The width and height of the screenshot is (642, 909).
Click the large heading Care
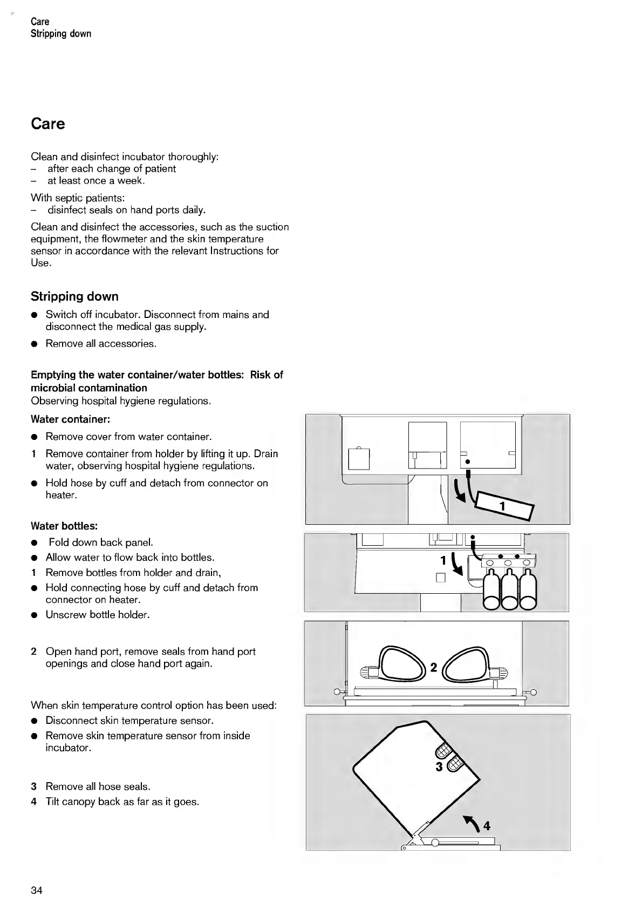[48, 124]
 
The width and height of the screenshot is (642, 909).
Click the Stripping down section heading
[74, 296]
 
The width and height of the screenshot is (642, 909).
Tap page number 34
[37, 890]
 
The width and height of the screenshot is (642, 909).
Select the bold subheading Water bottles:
[64, 526]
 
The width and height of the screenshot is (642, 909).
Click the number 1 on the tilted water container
[502, 507]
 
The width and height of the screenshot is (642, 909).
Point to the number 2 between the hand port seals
[433, 668]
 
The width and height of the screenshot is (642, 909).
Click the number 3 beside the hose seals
[439, 766]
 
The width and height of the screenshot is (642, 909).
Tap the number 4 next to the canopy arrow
[487, 825]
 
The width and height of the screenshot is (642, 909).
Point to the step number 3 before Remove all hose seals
[34, 786]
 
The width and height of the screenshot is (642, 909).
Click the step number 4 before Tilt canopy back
[34, 802]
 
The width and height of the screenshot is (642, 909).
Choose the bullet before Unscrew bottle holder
[34, 615]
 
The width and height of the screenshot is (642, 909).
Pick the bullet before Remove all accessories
[34, 344]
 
